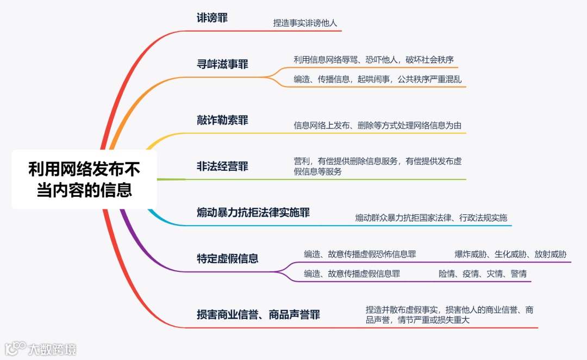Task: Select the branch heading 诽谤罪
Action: [212, 18]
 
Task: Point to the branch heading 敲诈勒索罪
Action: [222, 120]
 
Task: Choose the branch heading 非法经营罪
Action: [222, 166]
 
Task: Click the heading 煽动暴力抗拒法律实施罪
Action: [253, 213]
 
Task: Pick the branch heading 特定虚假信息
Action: [228, 258]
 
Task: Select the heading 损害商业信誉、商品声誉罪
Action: [258, 315]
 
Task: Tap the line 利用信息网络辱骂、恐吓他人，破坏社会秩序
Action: [373, 60]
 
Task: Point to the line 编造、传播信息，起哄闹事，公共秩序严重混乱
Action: [377, 79]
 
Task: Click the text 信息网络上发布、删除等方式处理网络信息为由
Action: [378, 126]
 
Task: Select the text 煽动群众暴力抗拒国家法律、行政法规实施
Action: [431, 218]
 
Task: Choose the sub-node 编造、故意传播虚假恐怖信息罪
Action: [360, 254]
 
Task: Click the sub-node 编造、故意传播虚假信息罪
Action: [352, 274]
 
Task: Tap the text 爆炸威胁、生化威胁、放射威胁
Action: [510, 254]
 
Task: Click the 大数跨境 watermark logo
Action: [41, 349]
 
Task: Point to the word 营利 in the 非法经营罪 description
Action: [302, 161]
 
